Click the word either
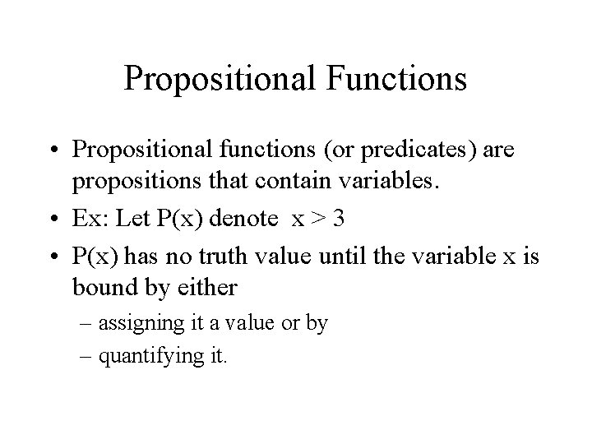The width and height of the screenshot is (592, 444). (x=212, y=288)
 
